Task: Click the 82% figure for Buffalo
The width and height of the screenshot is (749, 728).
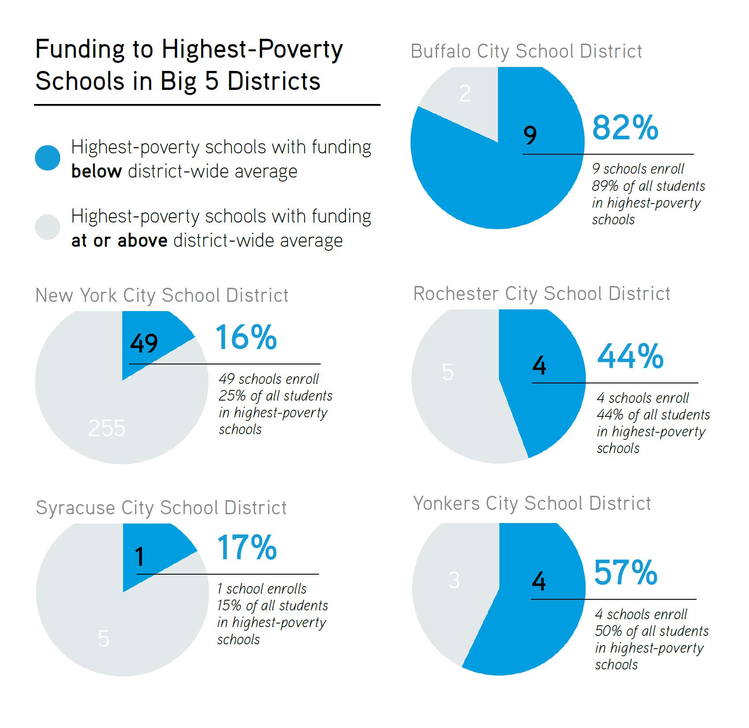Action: point(625,128)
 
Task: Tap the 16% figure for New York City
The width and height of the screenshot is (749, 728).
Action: point(246,338)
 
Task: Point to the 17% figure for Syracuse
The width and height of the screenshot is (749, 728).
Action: point(247,548)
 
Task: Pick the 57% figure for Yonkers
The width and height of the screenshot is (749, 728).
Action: point(626,572)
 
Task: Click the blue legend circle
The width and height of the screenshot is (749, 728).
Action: point(48,158)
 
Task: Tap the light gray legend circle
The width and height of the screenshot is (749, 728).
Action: point(48,227)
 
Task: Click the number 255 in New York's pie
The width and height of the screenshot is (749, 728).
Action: point(107,428)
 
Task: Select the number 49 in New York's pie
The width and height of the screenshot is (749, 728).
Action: point(144,343)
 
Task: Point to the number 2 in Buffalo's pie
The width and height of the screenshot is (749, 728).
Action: point(465,93)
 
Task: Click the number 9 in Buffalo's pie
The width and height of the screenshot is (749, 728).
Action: point(530,135)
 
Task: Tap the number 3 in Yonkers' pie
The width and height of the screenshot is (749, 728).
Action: point(454,580)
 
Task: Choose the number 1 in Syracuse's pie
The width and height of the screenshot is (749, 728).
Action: point(139,557)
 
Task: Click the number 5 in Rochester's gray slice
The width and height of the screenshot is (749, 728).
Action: point(448,372)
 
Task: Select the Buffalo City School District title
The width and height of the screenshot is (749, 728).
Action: point(526,52)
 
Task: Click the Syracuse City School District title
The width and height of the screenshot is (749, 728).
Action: point(161,508)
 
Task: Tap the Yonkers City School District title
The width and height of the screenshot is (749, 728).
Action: point(532,503)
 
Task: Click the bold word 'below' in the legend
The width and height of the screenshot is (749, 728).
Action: point(96,171)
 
